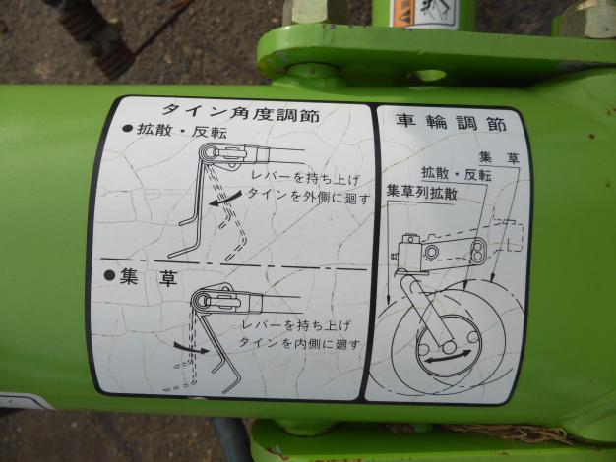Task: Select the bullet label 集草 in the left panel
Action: (x=149, y=277)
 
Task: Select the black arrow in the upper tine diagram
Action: (x=224, y=199)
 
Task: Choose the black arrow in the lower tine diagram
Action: (x=184, y=345)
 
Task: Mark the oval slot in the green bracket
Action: (x=426, y=75)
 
